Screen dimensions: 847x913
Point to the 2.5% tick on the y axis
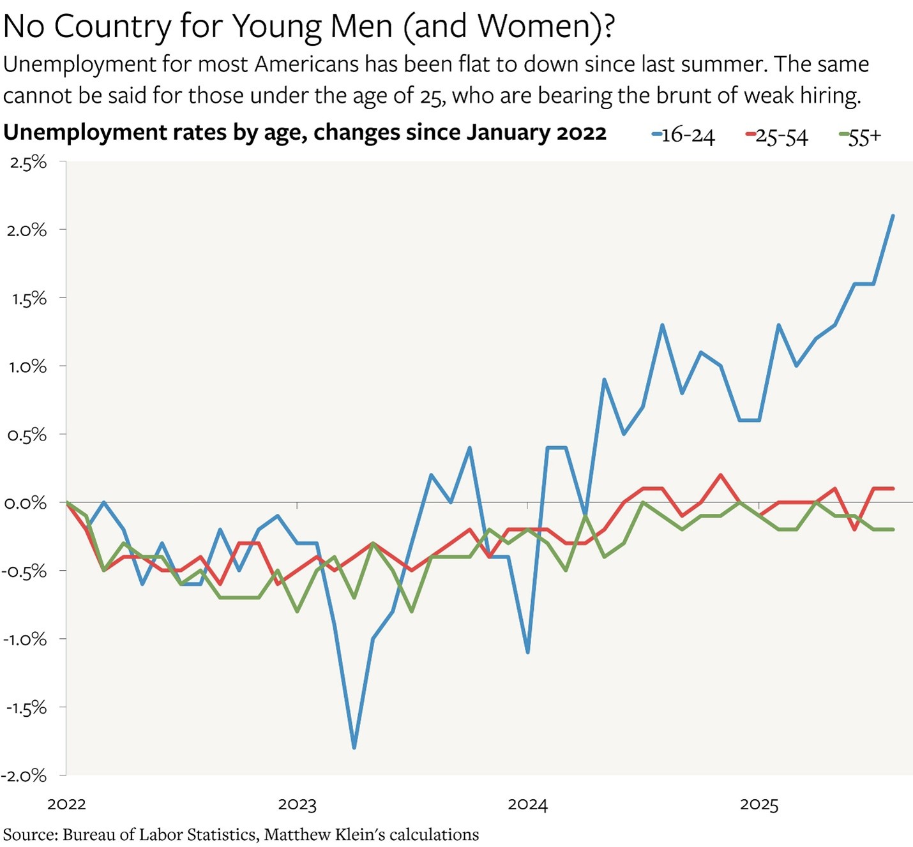(x=27, y=162)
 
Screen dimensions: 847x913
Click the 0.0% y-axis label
(x=26, y=503)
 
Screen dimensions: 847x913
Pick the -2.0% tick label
(x=24, y=776)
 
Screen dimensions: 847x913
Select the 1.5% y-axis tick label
(x=27, y=299)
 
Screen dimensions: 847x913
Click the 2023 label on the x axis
(x=297, y=804)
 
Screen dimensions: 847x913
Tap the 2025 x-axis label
(x=759, y=804)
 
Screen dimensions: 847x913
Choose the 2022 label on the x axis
(x=66, y=804)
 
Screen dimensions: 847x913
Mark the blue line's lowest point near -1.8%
(x=354, y=747)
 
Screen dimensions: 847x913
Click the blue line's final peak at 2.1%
(x=893, y=216)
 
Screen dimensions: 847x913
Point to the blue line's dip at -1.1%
(x=528, y=652)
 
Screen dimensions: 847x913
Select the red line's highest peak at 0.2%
(x=721, y=475)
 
